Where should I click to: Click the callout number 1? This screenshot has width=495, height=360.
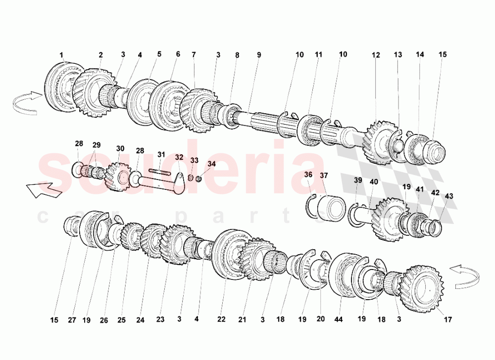point(61,55)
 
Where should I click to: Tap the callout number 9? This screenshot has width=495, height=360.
point(259,55)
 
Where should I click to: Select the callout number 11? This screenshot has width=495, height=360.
point(319,55)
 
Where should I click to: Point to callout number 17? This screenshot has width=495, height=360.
point(447,319)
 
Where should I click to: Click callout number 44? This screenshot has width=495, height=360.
point(339,319)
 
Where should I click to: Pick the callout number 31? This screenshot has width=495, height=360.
point(161,155)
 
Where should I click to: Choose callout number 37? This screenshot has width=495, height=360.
point(324,175)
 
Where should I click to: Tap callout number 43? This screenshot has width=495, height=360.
point(449,196)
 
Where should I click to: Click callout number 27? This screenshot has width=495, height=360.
point(72,320)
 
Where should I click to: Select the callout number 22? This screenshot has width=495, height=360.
point(221,319)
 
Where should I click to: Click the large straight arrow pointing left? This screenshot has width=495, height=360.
point(44,190)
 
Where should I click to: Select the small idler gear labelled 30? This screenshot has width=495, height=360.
point(117,177)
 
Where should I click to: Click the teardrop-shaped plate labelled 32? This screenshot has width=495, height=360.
point(180,183)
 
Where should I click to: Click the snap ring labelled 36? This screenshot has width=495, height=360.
point(312,207)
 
